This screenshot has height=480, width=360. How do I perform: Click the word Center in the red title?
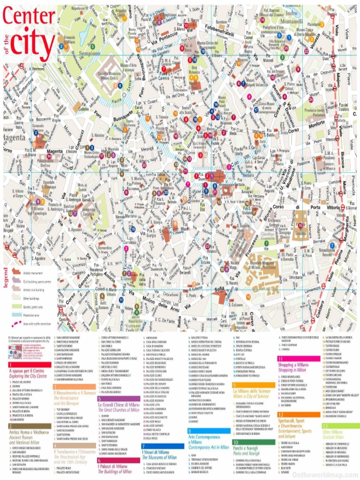pos(29,17)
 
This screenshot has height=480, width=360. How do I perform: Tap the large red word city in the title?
pos(33,42)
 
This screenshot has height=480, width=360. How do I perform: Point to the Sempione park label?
pos(85,53)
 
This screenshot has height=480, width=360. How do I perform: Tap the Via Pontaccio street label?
pos(165,37)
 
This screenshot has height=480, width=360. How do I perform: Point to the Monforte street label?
pos(314,120)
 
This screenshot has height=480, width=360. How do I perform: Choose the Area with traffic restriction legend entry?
pos(37,324)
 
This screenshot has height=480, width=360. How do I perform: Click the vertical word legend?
pos(7,279)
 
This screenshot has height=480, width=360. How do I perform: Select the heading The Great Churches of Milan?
pos(119,410)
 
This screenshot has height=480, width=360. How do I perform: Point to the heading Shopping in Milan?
pos(292,370)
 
